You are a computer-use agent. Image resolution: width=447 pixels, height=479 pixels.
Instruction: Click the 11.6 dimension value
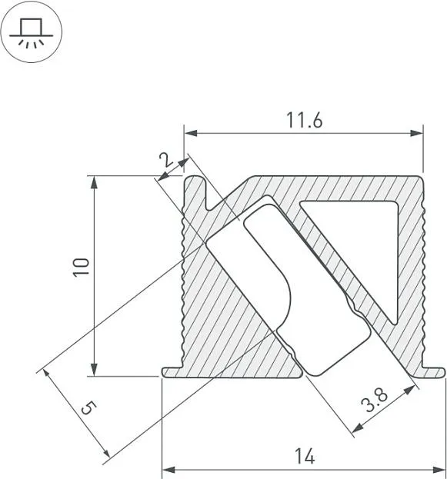click(304, 120)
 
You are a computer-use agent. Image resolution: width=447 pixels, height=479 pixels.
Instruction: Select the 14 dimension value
click(305, 457)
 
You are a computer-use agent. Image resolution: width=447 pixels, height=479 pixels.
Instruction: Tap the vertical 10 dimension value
click(81, 268)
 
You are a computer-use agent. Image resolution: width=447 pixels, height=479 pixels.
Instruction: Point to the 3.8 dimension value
click(374, 400)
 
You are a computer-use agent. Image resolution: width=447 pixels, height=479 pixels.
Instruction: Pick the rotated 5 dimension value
click(89, 408)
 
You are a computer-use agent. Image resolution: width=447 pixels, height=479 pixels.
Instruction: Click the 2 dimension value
click(167, 160)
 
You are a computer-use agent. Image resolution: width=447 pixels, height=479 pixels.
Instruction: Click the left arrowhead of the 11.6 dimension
click(190, 133)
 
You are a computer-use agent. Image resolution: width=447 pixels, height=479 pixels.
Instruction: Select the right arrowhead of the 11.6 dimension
click(417, 133)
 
